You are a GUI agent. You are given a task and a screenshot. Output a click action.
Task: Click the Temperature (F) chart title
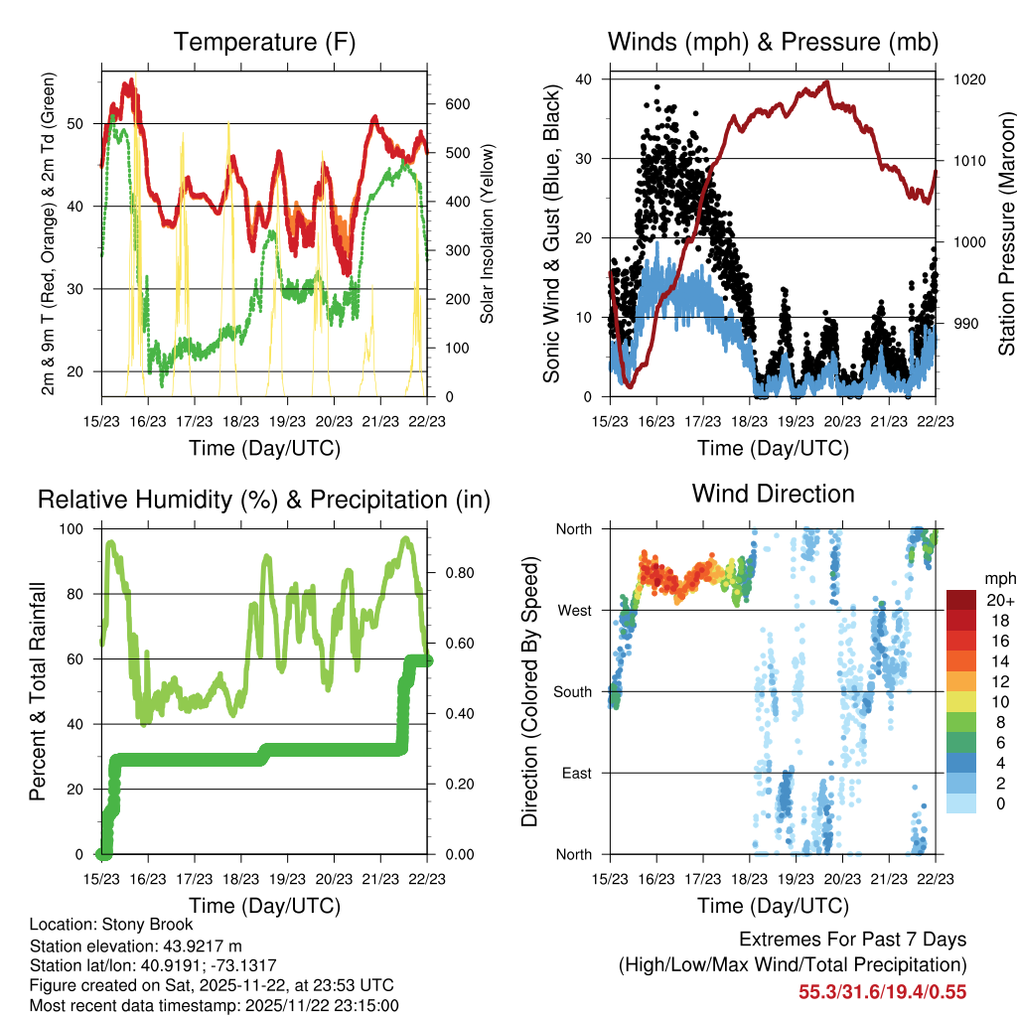point(264,43)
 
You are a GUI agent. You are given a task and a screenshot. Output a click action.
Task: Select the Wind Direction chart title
point(773,494)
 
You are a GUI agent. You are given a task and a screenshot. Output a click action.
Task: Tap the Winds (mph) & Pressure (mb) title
point(773,43)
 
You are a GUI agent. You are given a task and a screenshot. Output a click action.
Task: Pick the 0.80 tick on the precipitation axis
point(452,573)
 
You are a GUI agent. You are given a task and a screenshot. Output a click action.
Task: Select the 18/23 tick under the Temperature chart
point(240,420)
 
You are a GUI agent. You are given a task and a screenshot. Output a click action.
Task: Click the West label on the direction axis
point(575,610)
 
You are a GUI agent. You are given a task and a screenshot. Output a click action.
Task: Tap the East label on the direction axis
point(577,773)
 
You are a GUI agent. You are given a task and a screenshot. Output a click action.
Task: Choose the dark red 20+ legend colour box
point(960,600)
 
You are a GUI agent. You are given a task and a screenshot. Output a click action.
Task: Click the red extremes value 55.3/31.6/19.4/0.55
point(883,991)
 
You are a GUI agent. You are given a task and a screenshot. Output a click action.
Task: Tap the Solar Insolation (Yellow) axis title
point(487,235)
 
